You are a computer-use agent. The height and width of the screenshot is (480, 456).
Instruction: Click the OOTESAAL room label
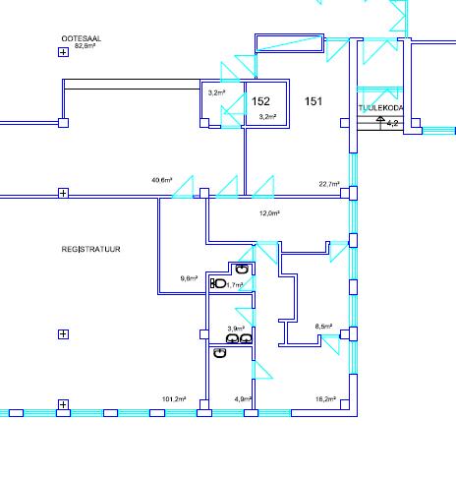click(x=82, y=38)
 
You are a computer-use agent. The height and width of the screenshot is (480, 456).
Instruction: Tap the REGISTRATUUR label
click(x=90, y=249)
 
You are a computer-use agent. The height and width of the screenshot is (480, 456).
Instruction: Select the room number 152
click(x=260, y=101)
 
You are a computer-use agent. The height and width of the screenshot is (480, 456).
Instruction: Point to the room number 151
click(x=313, y=101)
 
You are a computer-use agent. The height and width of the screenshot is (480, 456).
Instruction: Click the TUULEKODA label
click(x=380, y=108)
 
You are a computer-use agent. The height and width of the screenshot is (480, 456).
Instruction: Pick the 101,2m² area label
click(x=174, y=399)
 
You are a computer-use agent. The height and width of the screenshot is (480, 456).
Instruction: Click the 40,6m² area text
click(x=162, y=180)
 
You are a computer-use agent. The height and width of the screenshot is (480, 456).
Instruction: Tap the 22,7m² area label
click(x=329, y=184)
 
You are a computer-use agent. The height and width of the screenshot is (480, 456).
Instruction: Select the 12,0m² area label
click(x=269, y=213)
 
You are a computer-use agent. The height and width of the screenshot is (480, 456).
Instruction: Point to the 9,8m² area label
click(x=189, y=278)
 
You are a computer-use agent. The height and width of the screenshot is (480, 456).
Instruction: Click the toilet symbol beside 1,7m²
click(x=218, y=283)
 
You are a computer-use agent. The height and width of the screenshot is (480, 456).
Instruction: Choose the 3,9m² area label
click(x=236, y=329)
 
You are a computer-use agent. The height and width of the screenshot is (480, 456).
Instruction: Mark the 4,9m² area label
click(x=243, y=399)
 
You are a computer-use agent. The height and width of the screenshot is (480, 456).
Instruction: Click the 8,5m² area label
click(x=323, y=327)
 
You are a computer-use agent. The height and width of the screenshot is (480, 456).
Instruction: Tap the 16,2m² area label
click(x=325, y=399)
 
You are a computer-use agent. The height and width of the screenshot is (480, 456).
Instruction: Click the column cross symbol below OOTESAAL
click(x=63, y=52)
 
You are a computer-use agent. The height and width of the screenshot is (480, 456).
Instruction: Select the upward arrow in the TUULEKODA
click(x=380, y=122)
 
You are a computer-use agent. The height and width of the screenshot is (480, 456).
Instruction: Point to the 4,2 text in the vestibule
click(x=392, y=123)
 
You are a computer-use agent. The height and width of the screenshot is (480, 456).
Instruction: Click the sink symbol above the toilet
click(x=242, y=269)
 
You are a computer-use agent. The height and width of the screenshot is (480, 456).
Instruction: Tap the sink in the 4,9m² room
click(x=220, y=353)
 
